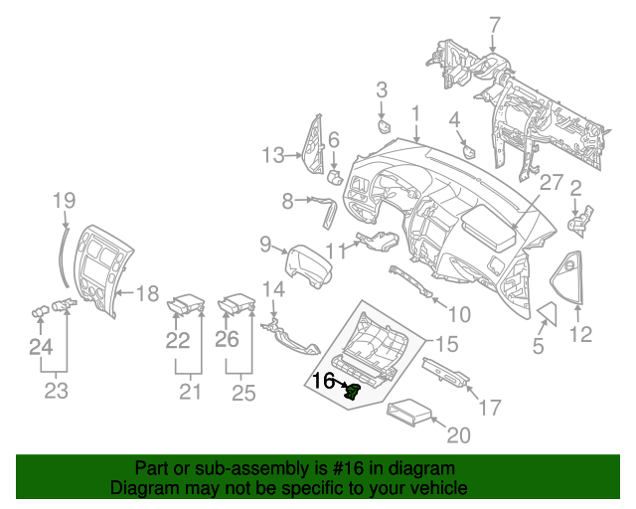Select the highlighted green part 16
click(351, 392)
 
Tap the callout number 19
click(64, 200)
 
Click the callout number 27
click(552, 184)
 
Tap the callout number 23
click(56, 391)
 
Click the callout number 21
click(190, 391)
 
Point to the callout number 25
click(243, 391)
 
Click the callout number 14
click(273, 289)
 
